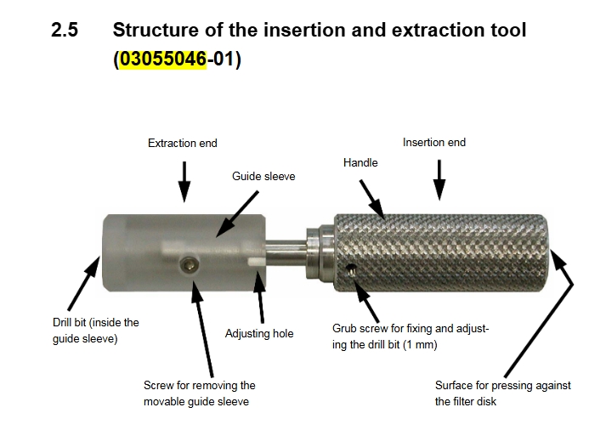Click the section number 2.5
pyautogui.click(x=65, y=30)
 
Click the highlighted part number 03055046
pyautogui.click(x=162, y=59)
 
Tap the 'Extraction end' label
pyautogui.click(x=183, y=144)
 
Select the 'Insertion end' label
pyautogui.click(x=434, y=143)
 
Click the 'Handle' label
pyautogui.click(x=360, y=162)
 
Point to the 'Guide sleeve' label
pyautogui.click(x=263, y=176)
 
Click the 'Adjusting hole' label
pyautogui.click(x=259, y=333)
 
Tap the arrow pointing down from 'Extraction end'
pyautogui.click(x=184, y=182)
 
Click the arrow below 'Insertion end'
pyautogui.click(x=439, y=180)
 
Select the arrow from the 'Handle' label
pyautogui.click(x=372, y=200)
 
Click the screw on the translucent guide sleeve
pyautogui.click(x=190, y=266)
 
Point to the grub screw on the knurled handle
pyautogui.click(x=351, y=270)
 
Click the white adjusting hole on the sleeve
pyautogui.click(x=256, y=262)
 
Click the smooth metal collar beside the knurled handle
pyautogui.click(x=320, y=252)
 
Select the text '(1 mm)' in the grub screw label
pyautogui.click(x=420, y=344)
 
